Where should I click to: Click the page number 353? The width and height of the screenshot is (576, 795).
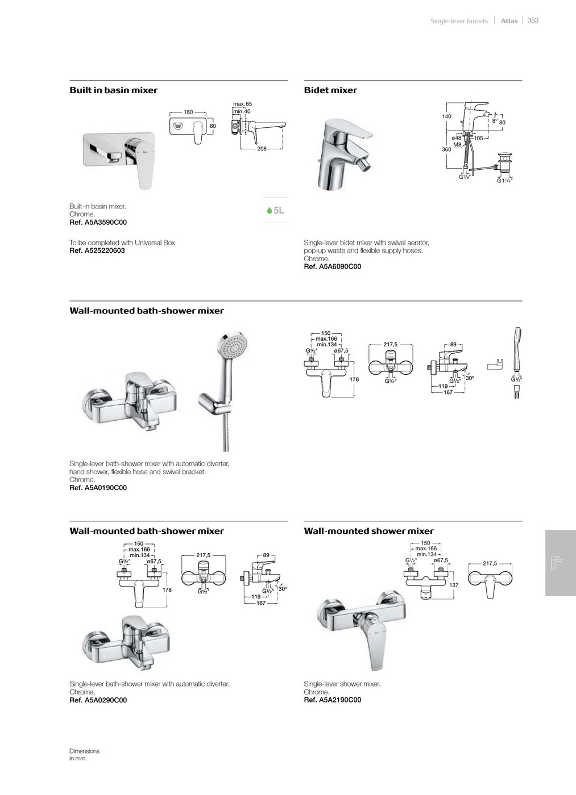click(x=533, y=20)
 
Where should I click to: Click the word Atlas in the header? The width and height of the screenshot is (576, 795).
click(x=509, y=20)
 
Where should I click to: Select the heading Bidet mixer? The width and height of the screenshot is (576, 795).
click(x=330, y=90)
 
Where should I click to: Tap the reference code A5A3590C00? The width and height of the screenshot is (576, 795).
click(x=106, y=222)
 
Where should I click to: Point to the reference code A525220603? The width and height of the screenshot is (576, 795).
click(x=105, y=250)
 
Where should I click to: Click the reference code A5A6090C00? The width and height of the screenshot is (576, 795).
click(x=339, y=266)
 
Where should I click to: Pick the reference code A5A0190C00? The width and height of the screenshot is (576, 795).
click(x=106, y=488)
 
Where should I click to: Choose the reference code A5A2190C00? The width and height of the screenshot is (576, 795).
click(x=339, y=700)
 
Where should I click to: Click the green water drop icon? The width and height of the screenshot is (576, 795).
click(x=270, y=211)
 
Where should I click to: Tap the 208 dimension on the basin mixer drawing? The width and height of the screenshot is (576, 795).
click(x=262, y=149)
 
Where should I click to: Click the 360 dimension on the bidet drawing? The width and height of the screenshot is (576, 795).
click(x=447, y=149)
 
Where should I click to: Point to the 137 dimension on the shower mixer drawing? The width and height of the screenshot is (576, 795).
click(x=454, y=584)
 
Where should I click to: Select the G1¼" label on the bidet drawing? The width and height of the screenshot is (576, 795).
click(x=504, y=181)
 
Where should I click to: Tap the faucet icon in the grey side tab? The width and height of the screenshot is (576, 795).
click(x=557, y=562)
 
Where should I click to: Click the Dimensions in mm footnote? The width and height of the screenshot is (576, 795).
click(x=84, y=755)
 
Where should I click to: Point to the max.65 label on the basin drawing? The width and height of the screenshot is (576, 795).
click(x=242, y=104)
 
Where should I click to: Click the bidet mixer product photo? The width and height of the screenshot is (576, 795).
click(x=344, y=154)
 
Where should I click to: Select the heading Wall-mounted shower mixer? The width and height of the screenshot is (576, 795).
click(x=368, y=531)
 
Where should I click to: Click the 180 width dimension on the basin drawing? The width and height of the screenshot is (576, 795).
click(x=188, y=112)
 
